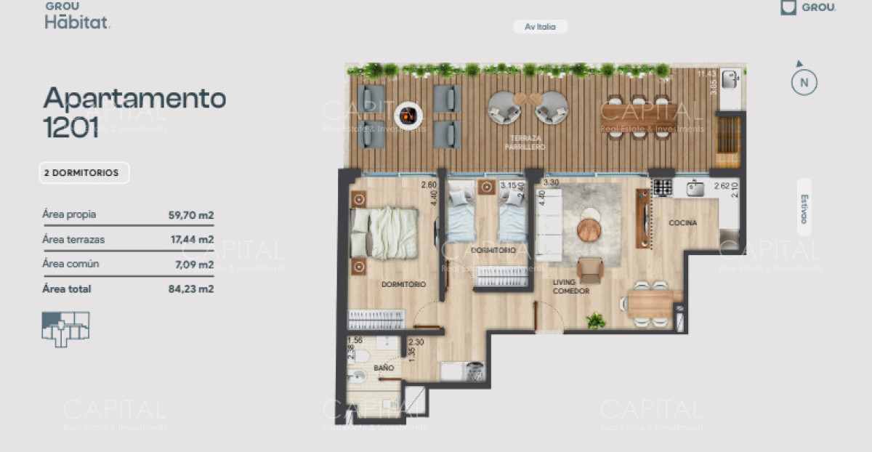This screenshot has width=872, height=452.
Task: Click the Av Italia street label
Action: pos(540,27)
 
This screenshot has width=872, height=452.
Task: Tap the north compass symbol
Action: pos(804,81)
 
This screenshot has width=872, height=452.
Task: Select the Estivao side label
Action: pos(804,207)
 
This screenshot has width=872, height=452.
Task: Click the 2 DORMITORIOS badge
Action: pos(84,173)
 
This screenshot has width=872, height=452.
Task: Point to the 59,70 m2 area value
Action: pos(190,215)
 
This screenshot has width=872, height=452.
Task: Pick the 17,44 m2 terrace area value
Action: pos(190,239)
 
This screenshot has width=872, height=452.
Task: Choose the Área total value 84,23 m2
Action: pos(190,288)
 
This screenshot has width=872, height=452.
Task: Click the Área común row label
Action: pos(71,264)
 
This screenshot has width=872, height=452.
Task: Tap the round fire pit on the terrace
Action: pos(408,115)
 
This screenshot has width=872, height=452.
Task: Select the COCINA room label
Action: pos(684,223)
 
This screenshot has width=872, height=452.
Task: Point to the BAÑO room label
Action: pos(384,368)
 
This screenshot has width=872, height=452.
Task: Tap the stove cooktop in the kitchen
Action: pos(662,187)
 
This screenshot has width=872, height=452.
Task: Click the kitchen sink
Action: pos(695,188)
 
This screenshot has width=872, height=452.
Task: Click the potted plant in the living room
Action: pos(597,320)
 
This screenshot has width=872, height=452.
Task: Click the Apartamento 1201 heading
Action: pos(134,111)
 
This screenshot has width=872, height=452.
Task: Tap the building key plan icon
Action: pos(65,328)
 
